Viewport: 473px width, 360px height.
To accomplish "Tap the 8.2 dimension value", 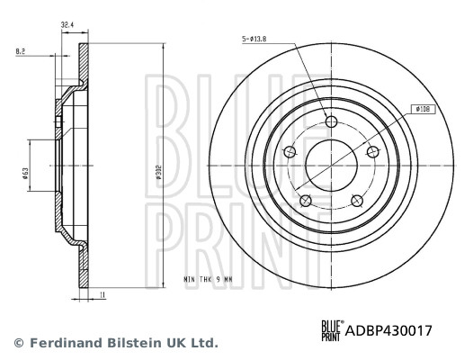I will pyautogui.click(x=19, y=53).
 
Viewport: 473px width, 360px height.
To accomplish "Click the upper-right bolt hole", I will pyautogui.click(x=370, y=151).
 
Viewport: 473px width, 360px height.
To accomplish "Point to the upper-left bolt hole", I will pyautogui.click(x=290, y=152).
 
